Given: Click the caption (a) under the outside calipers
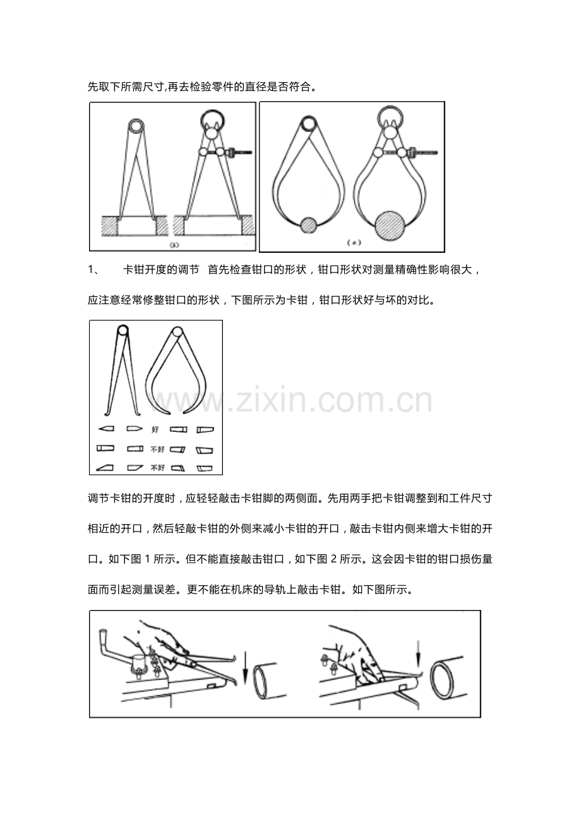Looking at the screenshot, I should click(354, 242).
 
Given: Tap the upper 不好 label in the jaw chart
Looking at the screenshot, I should click(157, 449).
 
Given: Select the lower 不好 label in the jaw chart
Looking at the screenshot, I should click(157, 468).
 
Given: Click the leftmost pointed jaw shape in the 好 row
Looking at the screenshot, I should click(105, 430).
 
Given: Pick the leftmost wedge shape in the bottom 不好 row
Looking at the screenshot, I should click(105, 468).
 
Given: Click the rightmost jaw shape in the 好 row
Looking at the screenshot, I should click(205, 430).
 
